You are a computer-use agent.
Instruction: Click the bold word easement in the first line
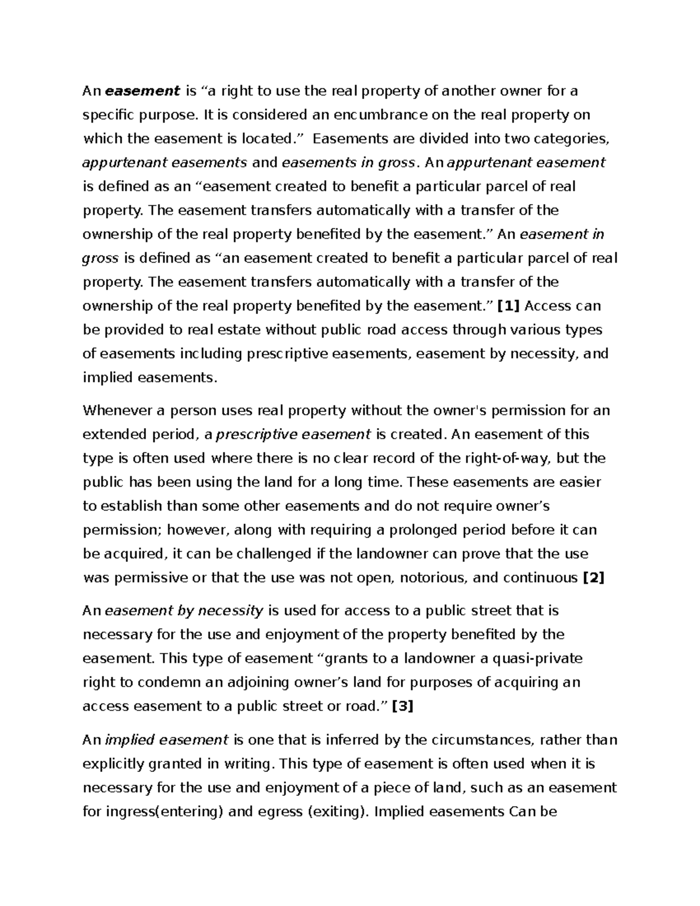point(143,91)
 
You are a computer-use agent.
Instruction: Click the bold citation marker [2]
point(594,578)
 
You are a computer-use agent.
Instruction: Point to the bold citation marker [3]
point(402,706)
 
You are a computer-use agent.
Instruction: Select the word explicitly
point(113,764)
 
